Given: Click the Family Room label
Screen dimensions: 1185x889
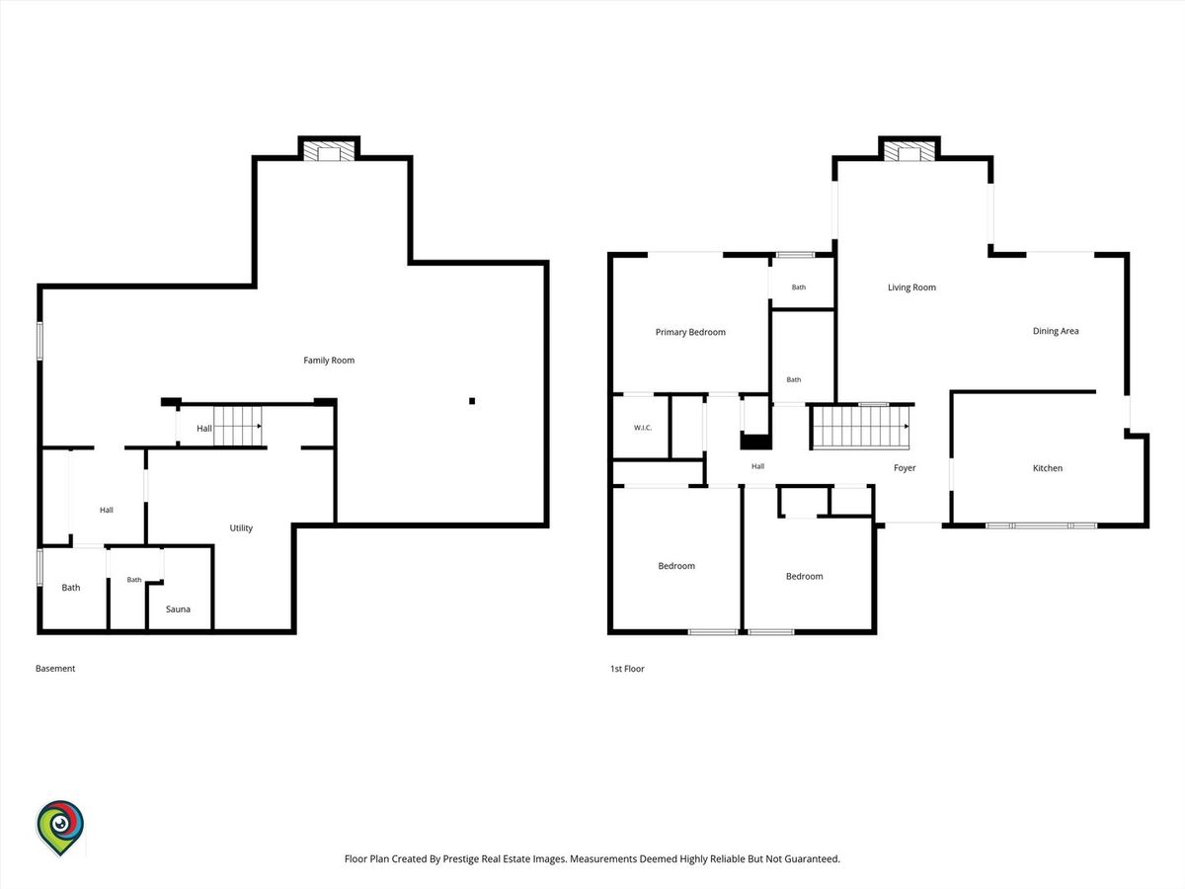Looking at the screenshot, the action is click(329, 360).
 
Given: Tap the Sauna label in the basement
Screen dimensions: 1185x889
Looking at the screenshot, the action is click(178, 608).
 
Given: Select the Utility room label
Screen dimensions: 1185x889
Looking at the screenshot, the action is click(241, 527).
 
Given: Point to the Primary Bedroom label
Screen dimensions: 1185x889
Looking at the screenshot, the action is click(690, 332).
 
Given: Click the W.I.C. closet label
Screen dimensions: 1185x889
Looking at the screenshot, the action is click(643, 428).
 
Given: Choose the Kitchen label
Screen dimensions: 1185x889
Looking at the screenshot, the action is click(1048, 468).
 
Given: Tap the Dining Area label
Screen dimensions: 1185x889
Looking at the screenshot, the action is click(1056, 331).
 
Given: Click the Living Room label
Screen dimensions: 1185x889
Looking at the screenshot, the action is click(911, 287).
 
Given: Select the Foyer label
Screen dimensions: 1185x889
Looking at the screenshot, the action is click(905, 468).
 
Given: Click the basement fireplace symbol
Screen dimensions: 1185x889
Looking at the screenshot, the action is click(329, 150).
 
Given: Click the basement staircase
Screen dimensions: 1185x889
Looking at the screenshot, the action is click(238, 427).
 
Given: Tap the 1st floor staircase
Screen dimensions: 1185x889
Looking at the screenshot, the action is click(860, 427).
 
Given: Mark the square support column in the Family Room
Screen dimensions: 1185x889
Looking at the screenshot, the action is click(472, 400).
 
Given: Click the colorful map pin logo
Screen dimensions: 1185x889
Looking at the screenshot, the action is click(60, 828).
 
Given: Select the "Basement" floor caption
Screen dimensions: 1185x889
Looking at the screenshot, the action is click(55, 669).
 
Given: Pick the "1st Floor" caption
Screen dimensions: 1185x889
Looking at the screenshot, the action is click(627, 669).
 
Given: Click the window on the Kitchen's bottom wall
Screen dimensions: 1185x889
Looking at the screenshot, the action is click(1042, 525).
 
